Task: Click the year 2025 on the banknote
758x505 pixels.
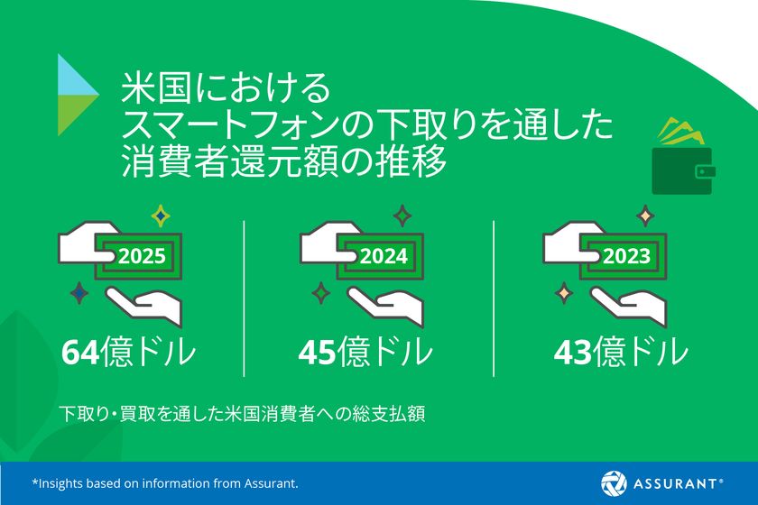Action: point(142,256)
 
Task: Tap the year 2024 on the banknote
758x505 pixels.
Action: point(384,256)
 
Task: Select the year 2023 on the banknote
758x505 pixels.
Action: point(626,256)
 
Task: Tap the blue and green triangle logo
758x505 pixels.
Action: point(78,95)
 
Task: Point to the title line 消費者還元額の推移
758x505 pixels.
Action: point(284,163)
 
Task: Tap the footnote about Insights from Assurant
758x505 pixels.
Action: point(165,483)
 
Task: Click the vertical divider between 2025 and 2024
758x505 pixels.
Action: point(245,298)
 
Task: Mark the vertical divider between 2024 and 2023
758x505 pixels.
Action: point(494,298)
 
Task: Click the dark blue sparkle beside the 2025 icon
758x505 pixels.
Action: point(81,293)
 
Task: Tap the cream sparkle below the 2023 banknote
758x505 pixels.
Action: point(564,293)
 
